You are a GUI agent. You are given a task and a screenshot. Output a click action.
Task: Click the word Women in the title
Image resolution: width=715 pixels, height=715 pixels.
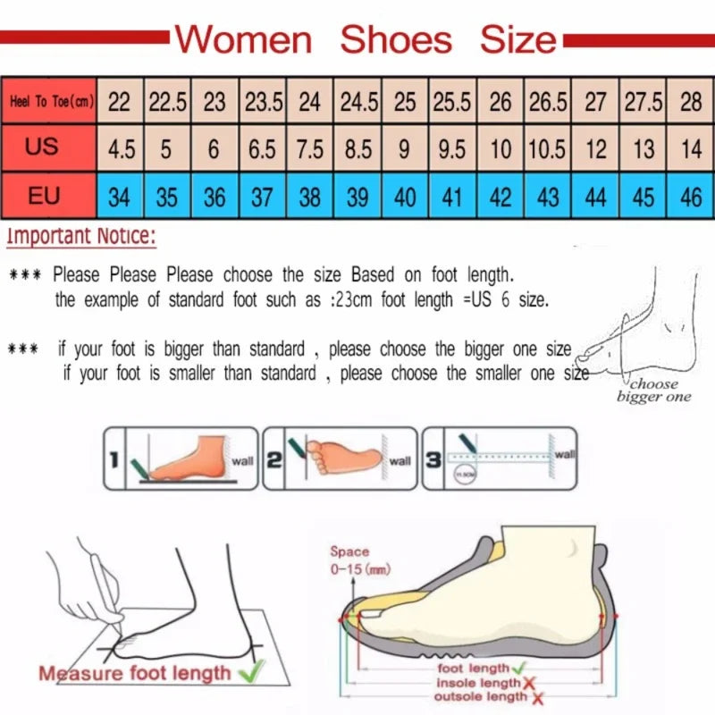[x=243, y=39]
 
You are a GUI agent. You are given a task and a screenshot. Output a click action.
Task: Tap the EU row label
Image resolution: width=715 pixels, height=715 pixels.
[x=43, y=194]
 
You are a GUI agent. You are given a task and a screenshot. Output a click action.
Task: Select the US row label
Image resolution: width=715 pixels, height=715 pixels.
[x=42, y=146]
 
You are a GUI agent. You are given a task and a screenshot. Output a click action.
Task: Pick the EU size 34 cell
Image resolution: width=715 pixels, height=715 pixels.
[x=119, y=196]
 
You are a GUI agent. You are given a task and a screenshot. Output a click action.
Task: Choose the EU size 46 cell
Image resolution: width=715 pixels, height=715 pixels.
[x=690, y=196]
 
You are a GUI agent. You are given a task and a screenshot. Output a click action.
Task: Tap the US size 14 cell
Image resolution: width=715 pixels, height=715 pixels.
[x=690, y=148]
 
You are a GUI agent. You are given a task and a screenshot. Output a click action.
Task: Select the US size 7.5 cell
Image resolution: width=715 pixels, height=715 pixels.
[x=309, y=148]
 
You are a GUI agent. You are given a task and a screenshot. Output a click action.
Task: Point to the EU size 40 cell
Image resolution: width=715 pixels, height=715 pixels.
[x=405, y=196]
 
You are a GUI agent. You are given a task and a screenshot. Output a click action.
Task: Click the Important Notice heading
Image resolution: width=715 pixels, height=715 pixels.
[x=81, y=237]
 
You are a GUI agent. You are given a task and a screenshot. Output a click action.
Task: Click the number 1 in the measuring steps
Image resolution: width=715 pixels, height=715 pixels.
[x=114, y=461]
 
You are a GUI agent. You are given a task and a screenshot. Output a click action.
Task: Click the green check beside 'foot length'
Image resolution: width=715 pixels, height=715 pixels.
[x=519, y=668]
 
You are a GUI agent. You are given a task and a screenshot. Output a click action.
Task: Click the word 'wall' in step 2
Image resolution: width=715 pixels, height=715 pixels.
[x=400, y=461]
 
